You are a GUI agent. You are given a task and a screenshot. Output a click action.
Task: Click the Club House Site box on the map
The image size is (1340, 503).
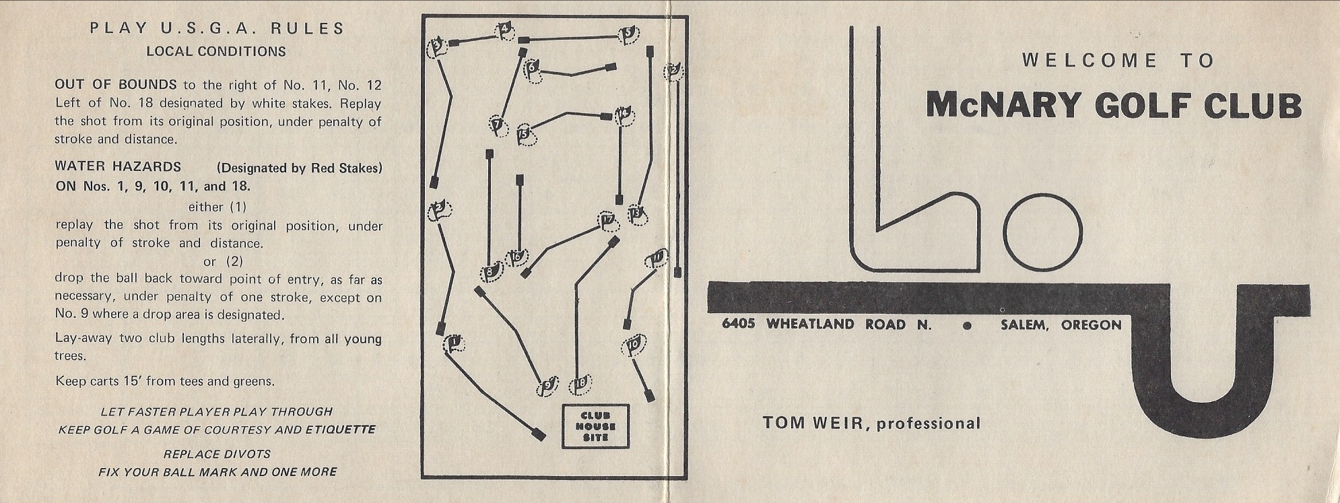(595, 426)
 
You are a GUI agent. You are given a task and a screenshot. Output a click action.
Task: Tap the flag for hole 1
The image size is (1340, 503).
(455, 344)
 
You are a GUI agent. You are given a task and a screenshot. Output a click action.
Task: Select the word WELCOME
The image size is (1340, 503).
(1089, 61)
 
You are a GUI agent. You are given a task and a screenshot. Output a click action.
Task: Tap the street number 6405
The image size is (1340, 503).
(738, 325)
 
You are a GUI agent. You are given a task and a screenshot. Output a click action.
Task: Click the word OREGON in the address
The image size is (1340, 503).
(1091, 325)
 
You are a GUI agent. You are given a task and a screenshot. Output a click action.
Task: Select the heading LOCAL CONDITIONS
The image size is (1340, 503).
(216, 52)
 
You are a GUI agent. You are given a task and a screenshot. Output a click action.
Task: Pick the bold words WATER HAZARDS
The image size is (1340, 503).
(118, 166)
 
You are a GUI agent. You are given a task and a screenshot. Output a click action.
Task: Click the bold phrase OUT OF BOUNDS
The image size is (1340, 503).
(115, 85)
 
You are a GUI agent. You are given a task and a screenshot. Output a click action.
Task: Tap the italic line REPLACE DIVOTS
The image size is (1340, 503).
(217, 454)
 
